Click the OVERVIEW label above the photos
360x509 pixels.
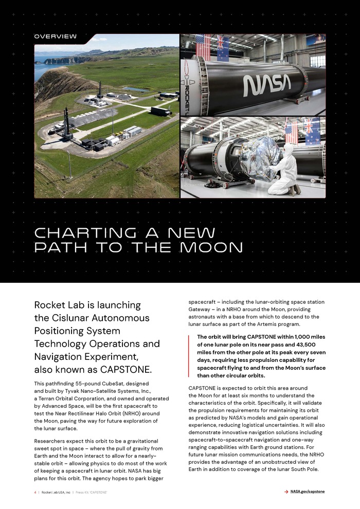56,37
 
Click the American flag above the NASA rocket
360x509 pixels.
204,46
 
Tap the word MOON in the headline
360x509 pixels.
212,248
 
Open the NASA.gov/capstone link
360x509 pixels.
308,492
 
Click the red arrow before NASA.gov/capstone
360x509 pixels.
286,492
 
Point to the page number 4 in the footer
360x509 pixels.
35,493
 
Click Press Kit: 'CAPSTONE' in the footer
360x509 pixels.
91,493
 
